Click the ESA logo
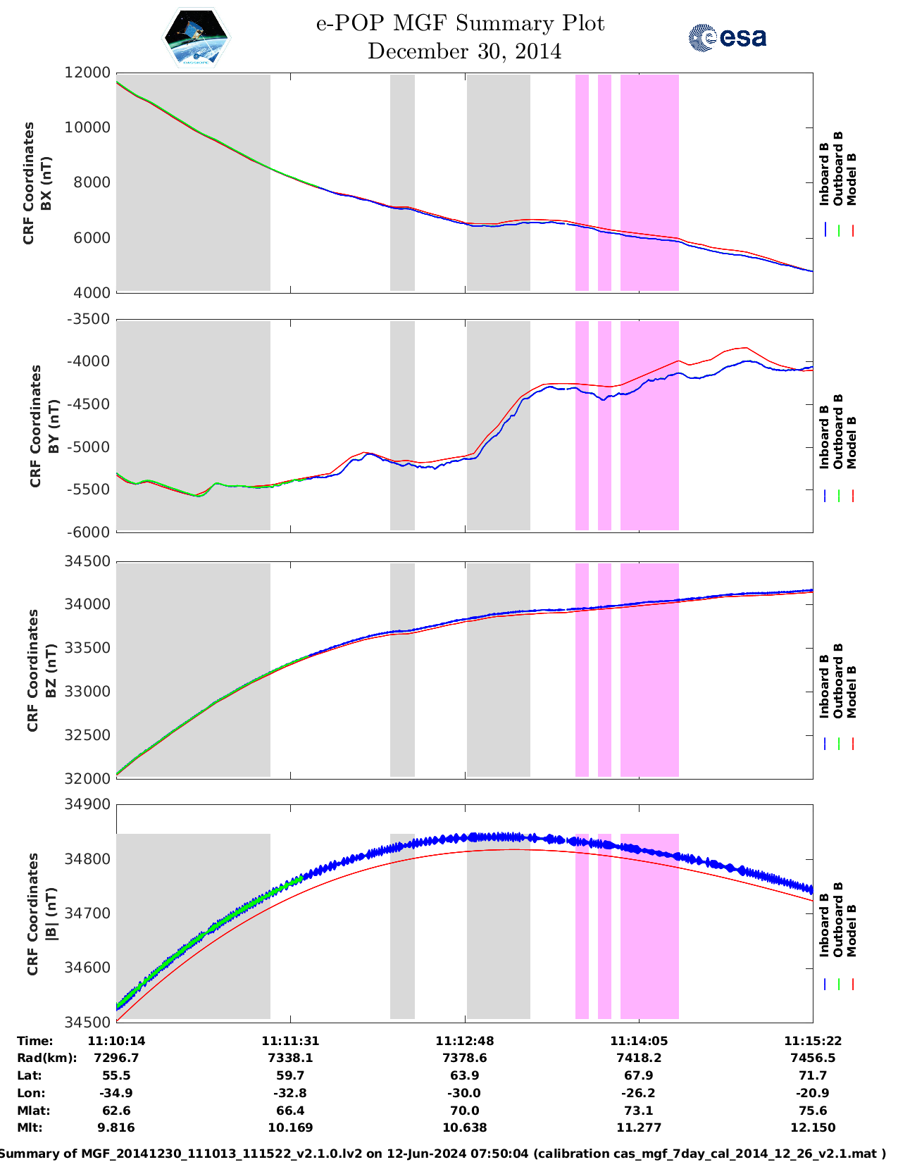point(727,37)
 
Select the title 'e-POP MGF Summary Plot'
point(460,23)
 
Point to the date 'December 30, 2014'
point(464,51)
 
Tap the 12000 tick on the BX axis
point(88,73)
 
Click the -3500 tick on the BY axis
point(88,319)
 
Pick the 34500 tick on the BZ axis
point(88,561)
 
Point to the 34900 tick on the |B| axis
point(88,804)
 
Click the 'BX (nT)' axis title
point(46,183)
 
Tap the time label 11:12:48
point(464,1041)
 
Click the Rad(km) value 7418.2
point(638,1058)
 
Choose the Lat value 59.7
point(290,1075)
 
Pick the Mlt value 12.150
point(812,1127)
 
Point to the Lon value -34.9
point(116,1093)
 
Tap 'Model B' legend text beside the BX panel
point(851,179)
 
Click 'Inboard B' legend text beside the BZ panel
point(824,686)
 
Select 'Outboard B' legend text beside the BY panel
point(837,431)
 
